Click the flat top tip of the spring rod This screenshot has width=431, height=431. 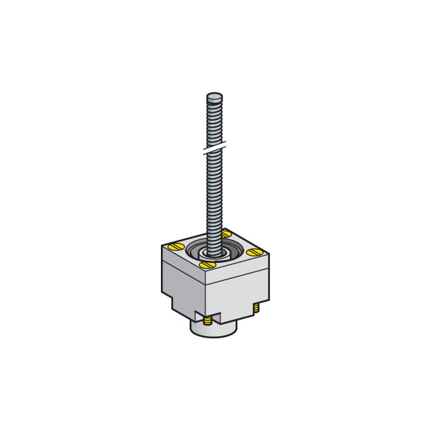click(214, 95)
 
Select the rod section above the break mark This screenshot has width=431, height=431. click(214, 122)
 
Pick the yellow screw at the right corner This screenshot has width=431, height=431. click(254, 251)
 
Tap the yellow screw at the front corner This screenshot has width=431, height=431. click(208, 265)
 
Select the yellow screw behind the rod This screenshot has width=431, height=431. click(226, 233)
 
